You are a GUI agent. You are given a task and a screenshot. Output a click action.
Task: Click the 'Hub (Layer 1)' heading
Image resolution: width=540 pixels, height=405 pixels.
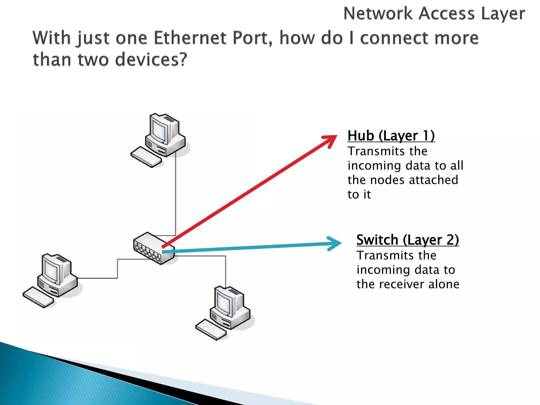click(391, 136)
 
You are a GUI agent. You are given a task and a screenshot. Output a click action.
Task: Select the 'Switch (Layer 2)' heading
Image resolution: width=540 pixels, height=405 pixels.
click(407, 240)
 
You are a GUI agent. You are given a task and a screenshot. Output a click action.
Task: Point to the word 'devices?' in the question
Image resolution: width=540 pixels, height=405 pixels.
click(151, 59)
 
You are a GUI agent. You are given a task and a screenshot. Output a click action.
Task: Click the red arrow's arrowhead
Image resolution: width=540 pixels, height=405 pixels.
click(331, 140)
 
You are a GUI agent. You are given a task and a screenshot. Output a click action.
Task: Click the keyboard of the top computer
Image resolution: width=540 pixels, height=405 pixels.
click(146, 157)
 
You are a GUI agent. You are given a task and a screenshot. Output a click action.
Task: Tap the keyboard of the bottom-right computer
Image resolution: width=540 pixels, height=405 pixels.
click(211, 330)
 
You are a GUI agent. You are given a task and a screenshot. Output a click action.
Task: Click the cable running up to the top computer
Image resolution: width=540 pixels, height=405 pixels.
click(176, 195)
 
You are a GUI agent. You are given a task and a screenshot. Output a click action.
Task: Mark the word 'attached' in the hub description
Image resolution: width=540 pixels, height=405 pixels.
click(433, 180)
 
